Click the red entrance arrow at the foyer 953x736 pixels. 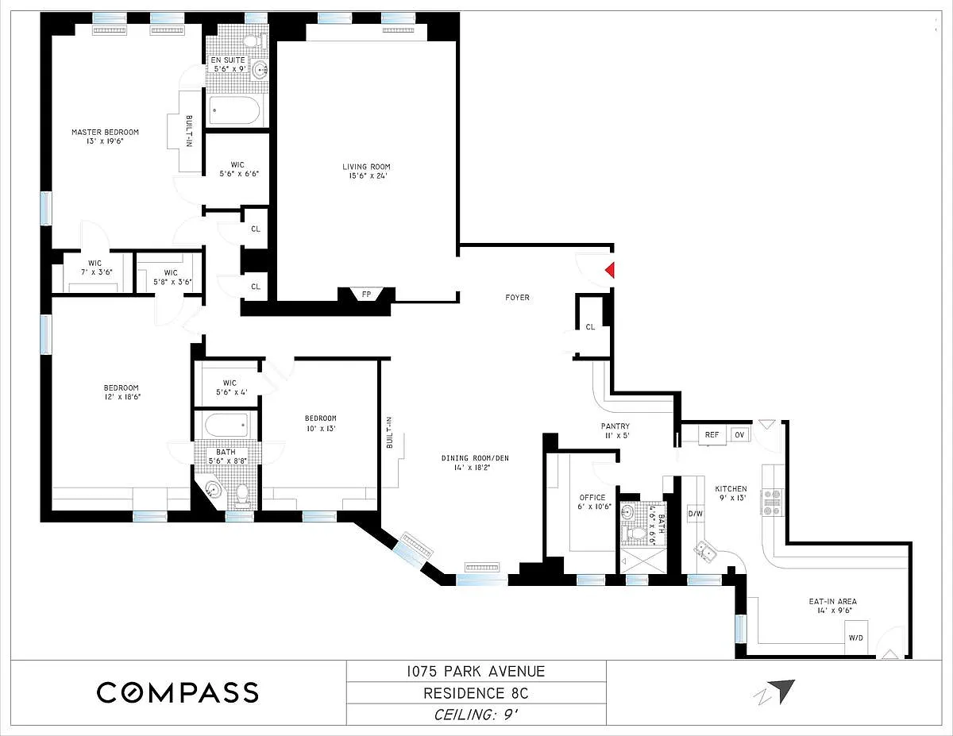tap(611, 270)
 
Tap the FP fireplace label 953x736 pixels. tap(366, 294)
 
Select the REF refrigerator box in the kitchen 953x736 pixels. tap(712, 434)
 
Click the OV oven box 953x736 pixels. tap(739, 434)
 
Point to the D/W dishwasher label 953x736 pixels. tap(696, 514)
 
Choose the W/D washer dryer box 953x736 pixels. tap(855, 638)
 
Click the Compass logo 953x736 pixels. tap(178, 692)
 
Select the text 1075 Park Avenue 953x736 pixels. tap(476, 671)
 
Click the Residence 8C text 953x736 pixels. tap(476, 693)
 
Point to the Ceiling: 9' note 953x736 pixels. tap(476, 715)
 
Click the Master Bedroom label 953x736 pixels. tap(106, 132)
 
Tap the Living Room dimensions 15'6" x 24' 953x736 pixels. tap(367, 175)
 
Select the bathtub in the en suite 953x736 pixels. tap(235, 110)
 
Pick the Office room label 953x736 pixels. tap(592, 497)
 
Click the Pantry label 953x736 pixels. tap(615, 426)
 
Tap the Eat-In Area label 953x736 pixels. tap(833, 602)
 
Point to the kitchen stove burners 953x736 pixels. tap(772, 502)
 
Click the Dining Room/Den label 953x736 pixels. tap(475, 458)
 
